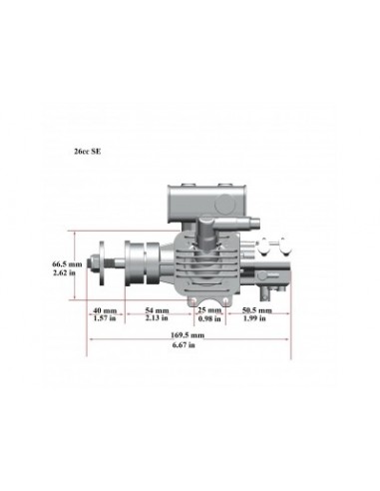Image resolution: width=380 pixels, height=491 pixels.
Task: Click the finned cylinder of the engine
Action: pos(203,268)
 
